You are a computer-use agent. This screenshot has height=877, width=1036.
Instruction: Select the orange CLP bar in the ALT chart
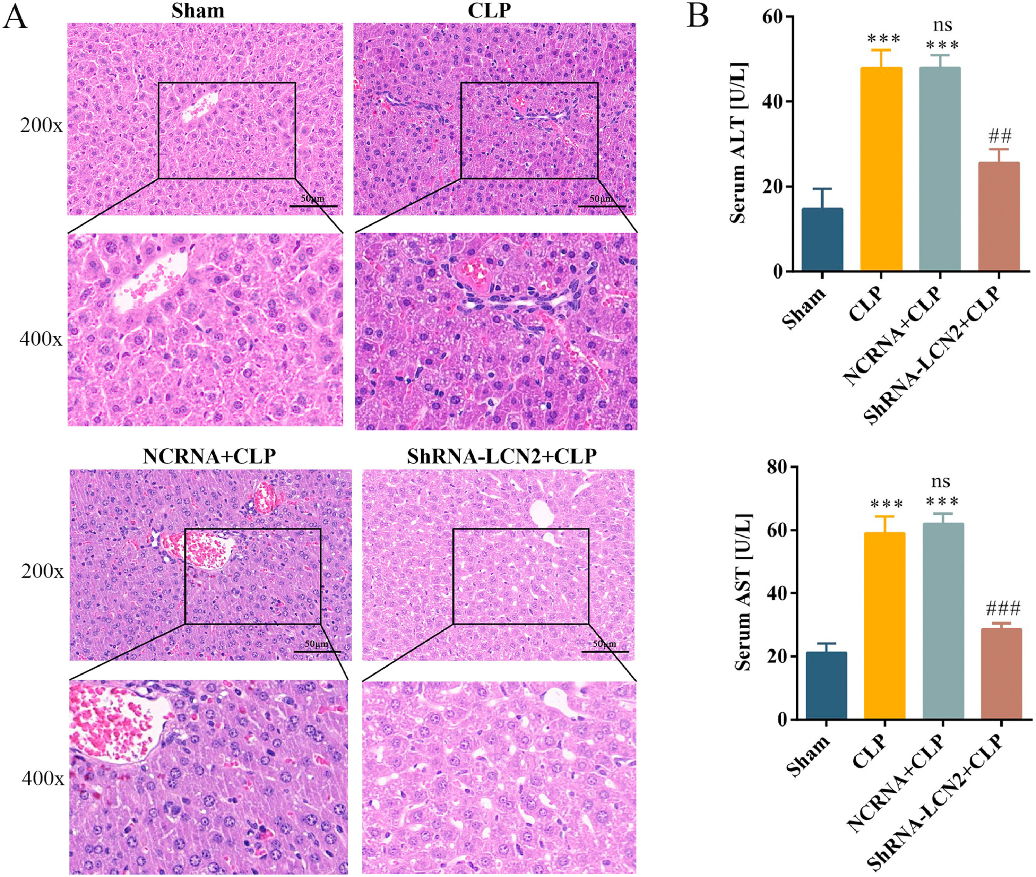point(881,169)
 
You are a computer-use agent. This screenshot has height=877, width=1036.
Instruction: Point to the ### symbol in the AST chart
point(1003,608)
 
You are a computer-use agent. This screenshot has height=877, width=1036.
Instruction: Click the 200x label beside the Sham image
point(41,126)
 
